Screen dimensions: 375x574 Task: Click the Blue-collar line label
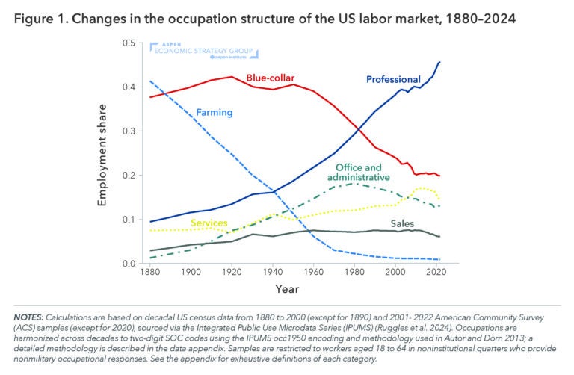271,78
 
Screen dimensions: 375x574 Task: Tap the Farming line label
214,113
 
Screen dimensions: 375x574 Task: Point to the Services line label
209,223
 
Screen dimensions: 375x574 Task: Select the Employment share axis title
103,154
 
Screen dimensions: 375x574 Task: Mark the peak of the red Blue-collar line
232,76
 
